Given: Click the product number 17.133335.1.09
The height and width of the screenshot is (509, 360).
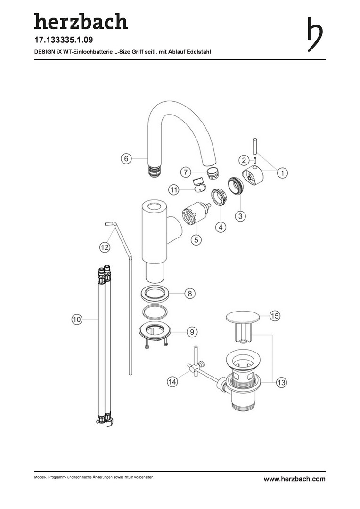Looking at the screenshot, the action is [x=64, y=40].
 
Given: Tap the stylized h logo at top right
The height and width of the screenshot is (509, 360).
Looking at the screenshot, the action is [x=315, y=34].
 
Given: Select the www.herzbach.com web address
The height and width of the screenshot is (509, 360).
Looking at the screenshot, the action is [x=295, y=479].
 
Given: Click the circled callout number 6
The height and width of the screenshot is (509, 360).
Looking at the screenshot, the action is [x=126, y=159].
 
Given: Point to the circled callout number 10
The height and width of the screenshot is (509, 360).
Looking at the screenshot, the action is [x=77, y=320].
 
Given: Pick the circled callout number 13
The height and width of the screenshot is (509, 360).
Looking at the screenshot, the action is [x=281, y=382].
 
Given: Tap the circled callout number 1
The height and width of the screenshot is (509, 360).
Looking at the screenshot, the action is [x=282, y=173].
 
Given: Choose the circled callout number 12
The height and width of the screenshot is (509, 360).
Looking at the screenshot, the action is [x=105, y=248].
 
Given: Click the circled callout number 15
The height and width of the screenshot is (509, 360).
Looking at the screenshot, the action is [x=275, y=316].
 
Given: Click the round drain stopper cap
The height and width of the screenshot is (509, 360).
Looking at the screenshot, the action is [x=243, y=317].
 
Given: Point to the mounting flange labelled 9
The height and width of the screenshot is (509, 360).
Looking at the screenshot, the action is [x=155, y=332].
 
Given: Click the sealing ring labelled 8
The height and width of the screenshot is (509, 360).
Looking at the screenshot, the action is [x=155, y=294].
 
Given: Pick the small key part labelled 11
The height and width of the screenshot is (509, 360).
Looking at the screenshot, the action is [x=199, y=184].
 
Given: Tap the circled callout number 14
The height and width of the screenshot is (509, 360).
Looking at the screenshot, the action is [x=172, y=381].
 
